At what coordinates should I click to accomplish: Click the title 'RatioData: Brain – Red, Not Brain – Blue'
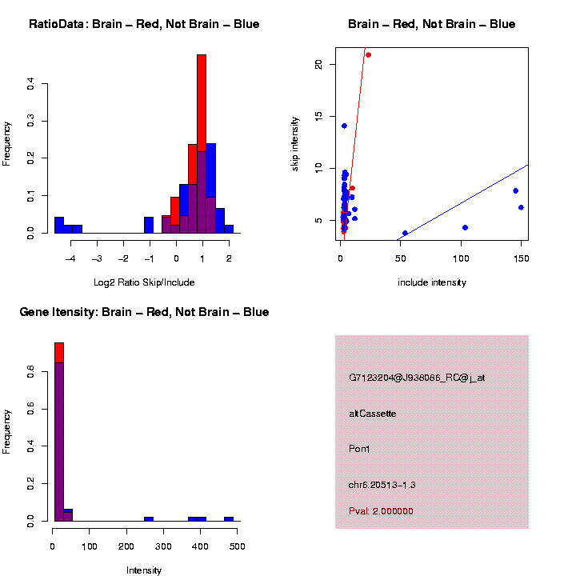pos(144,25)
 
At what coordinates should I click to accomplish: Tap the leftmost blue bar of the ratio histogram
pos(58,225)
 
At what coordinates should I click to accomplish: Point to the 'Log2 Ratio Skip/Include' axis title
pos(144,282)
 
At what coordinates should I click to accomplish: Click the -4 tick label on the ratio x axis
pos(70,258)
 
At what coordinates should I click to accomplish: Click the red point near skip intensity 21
pos(368,54)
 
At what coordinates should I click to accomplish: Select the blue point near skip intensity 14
pos(344,126)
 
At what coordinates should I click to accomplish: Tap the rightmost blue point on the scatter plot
pos(521,207)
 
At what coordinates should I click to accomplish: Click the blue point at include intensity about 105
pos(465,227)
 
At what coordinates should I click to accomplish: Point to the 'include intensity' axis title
pos(432,282)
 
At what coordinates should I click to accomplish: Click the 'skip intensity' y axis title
pos(295,142)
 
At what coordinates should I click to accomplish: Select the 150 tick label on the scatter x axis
pos(520,258)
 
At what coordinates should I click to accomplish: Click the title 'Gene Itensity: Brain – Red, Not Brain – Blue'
pos(144,312)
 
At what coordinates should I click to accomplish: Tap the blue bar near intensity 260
pos(149,518)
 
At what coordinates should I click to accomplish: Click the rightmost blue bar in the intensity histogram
pos(229,518)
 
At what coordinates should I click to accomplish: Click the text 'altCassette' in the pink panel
pos(373,414)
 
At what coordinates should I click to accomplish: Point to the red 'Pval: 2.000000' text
pos(381,511)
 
